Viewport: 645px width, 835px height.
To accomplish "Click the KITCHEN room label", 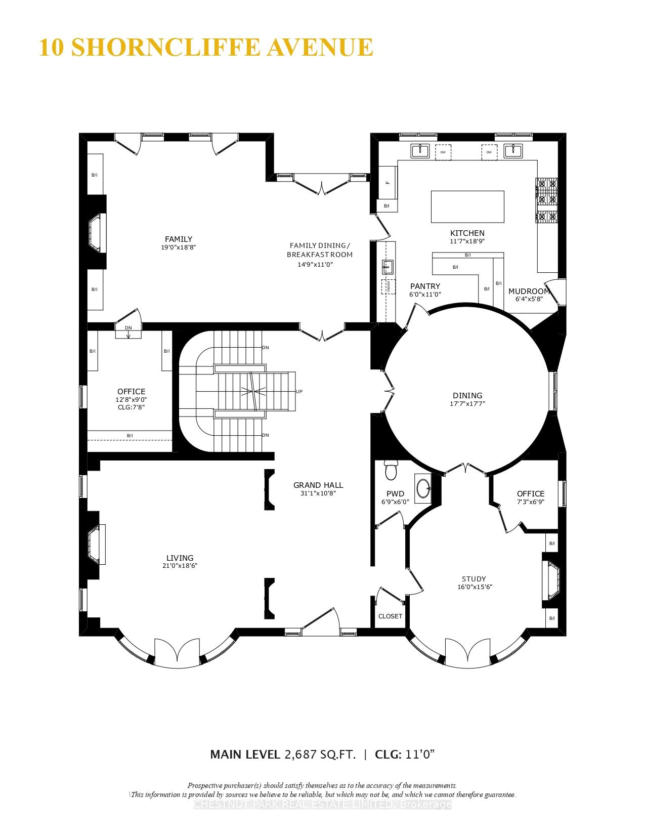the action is click(467, 233).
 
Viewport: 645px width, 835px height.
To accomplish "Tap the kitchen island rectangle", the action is click(467, 206).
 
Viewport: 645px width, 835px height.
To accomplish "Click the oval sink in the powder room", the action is click(423, 488).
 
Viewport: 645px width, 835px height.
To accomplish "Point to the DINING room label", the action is click(467, 395).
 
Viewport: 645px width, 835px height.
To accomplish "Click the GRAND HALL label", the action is click(318, 485).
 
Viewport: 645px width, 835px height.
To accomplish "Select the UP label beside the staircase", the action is click(299, 391).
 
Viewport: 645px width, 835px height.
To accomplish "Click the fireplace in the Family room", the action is click(97, 232).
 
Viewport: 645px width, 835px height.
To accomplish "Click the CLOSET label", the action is click(390, 616).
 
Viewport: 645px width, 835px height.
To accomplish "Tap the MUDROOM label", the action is click(529, 291).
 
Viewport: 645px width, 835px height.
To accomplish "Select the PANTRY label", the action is click(425, 286).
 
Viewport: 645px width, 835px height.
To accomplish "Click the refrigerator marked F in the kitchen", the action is click(388, 182).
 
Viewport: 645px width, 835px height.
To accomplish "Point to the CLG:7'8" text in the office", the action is click(131, 406).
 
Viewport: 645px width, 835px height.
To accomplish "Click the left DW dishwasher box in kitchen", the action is click(443, 152).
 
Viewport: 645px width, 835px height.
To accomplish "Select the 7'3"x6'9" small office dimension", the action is click(530, 502).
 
